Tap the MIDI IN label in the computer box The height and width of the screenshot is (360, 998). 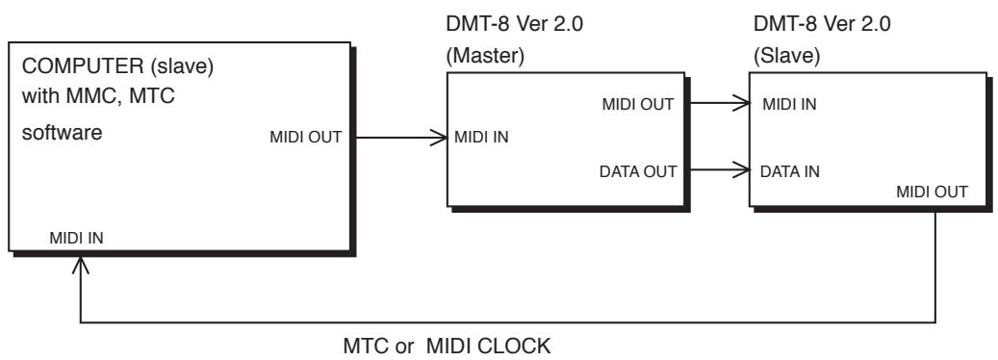[75, 238]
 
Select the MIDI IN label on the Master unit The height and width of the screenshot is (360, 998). [482, 136]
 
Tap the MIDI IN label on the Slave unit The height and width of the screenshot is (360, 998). [788, 104]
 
